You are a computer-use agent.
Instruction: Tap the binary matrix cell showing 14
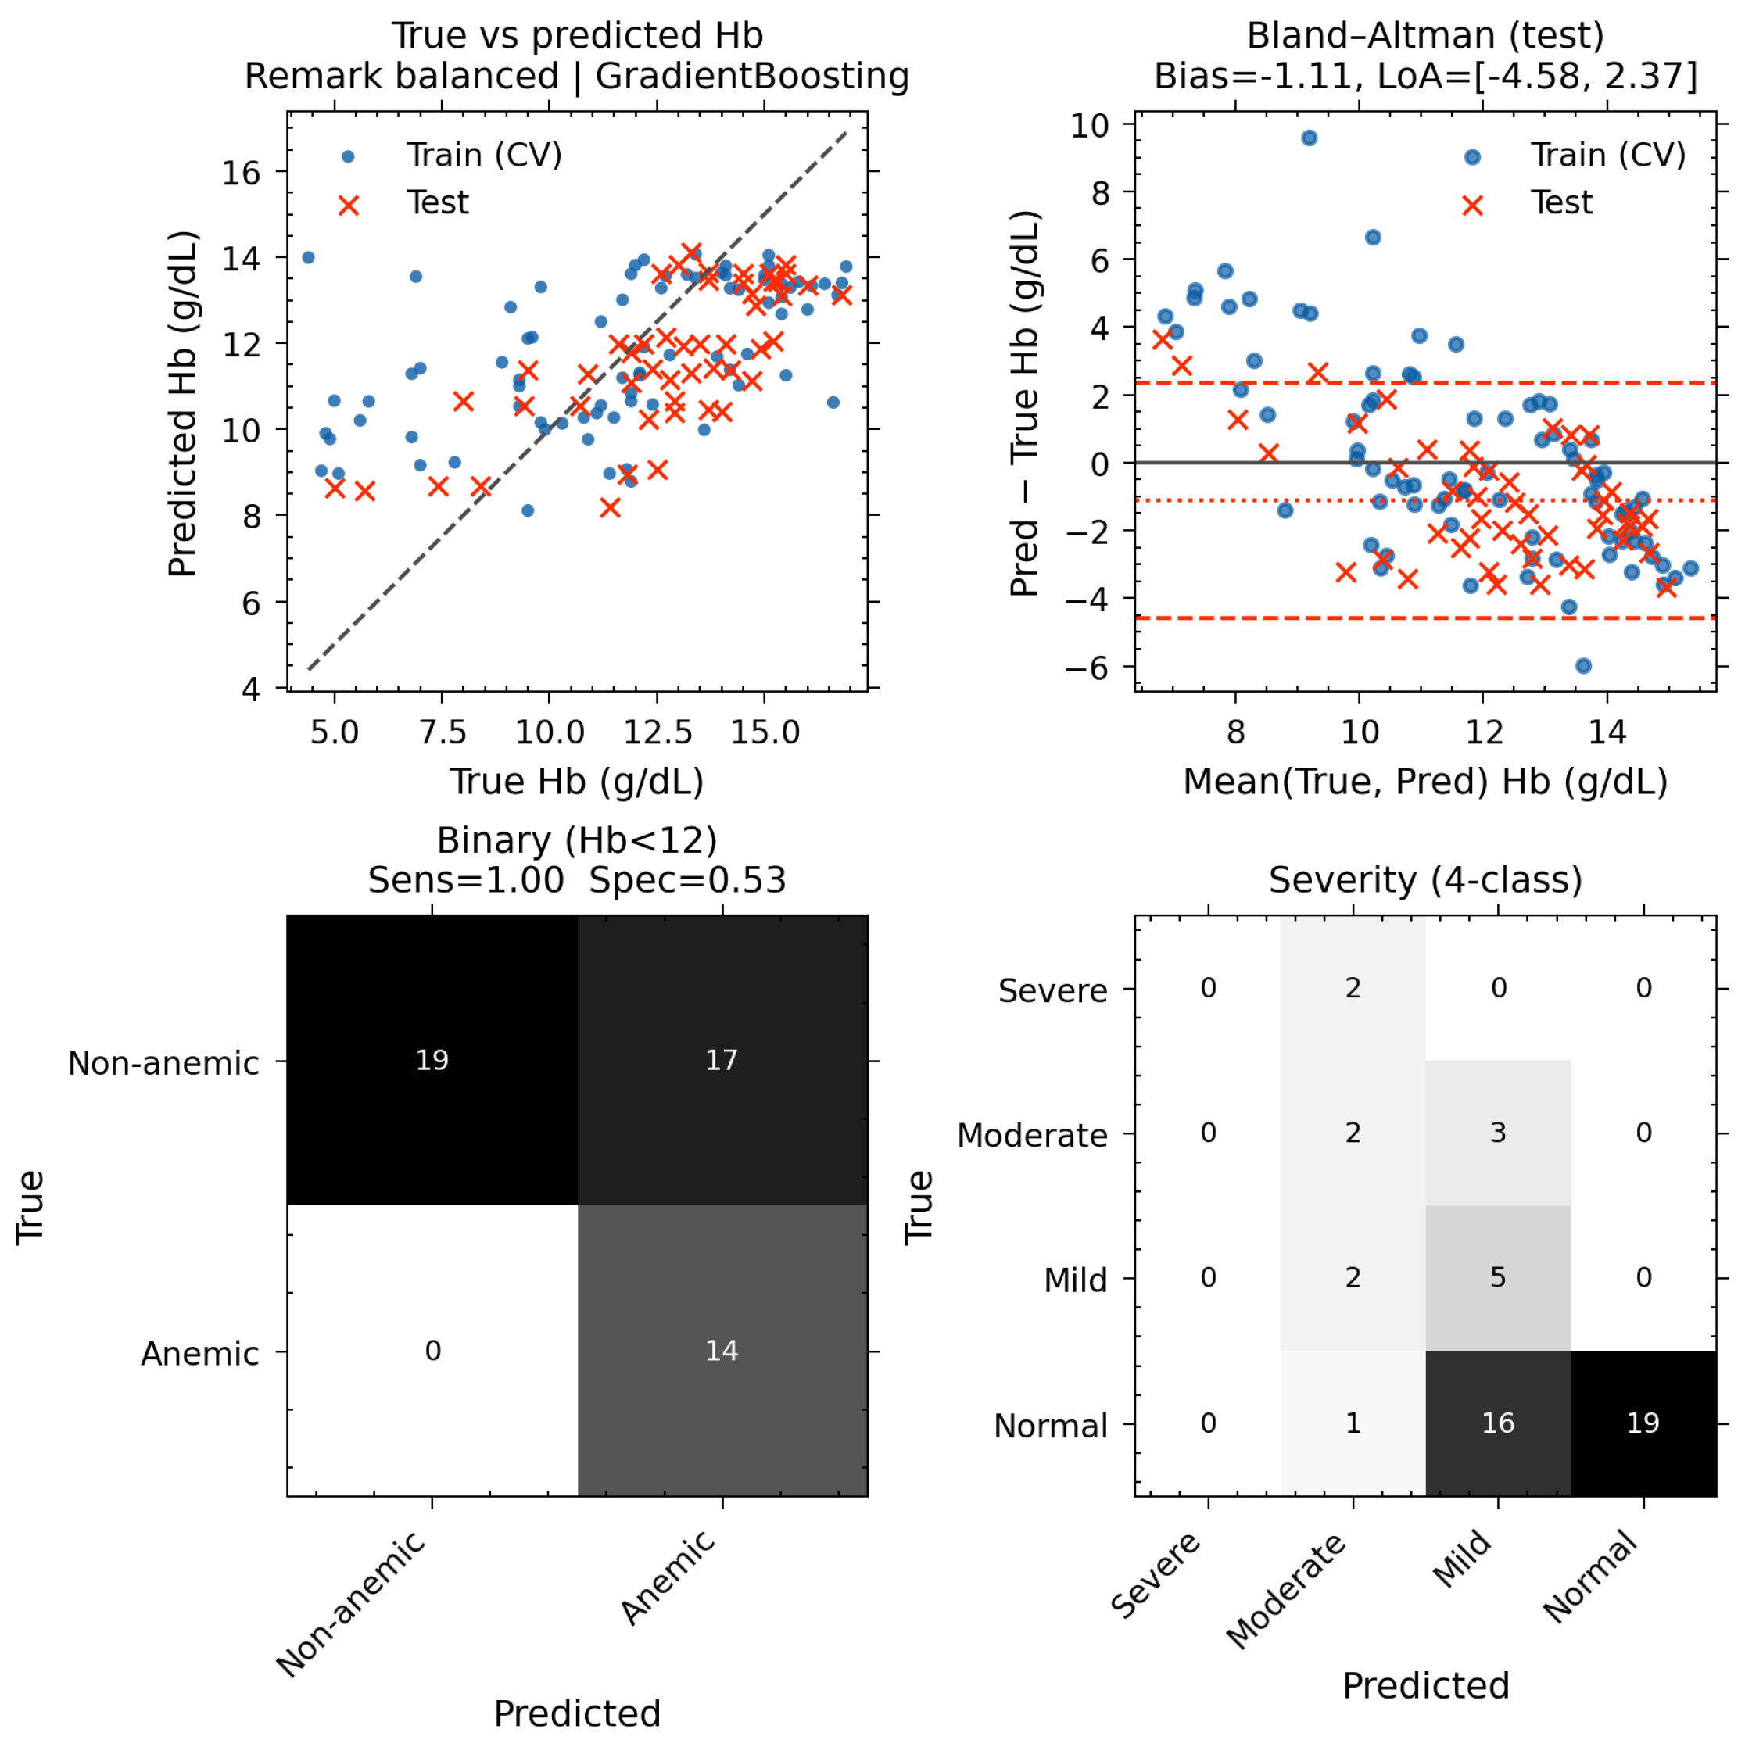(722, 1350)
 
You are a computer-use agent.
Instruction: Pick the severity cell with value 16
(1497, 1423)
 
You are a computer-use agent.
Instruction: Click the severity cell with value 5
(1497, 1278)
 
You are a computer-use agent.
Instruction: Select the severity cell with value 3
(1497, 1133)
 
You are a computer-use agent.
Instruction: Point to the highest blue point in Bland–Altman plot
(1308, 138)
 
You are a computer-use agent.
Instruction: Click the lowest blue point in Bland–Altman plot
(1583, 665)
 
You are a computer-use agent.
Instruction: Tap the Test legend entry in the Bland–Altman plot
(1528, 203)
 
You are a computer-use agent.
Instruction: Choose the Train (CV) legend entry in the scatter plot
(453, 156)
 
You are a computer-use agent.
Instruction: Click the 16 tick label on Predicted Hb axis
(241, 172)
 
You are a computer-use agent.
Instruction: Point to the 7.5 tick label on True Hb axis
(443, 732)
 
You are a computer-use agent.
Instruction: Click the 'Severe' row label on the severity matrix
(1052, 990)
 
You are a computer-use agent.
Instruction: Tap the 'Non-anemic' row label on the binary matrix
(163, 1062)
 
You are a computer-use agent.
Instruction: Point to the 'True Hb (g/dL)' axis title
(577, 782)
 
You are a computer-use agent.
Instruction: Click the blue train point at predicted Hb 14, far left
(307, 258)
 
